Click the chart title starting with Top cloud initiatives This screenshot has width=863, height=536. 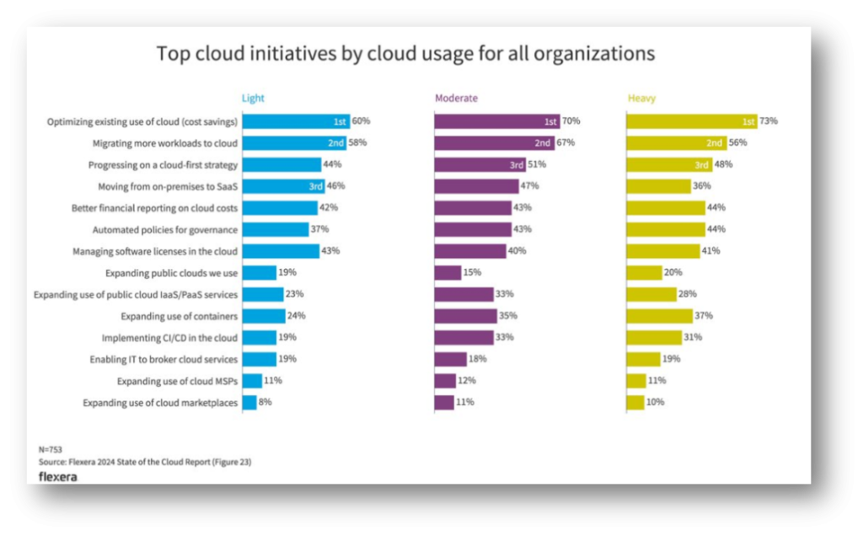pyautogui.click(x=405, y=54)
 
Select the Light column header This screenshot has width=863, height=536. pyautogui.click(x=253, y=99)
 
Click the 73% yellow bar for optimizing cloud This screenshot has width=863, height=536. pyautogui.click(x=691, y=121)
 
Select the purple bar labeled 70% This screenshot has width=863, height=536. pyautogui.click(x=496, y=121)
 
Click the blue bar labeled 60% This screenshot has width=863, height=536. pyautogui.click(x=295, y=121)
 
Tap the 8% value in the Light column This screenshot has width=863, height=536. pyautogui.click(x=265, y=403)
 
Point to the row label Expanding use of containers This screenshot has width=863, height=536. pyautogui.click(x=179, y=316)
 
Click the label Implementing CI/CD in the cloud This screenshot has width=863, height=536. pyautogui.click(x=169, y=338)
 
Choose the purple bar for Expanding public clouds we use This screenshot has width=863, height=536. pyautogui.click(x=448, y=273)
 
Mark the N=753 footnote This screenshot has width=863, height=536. pyautogui.click(x=51, y=450)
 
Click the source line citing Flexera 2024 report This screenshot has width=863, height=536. pyautogui.click(x=145, y=462)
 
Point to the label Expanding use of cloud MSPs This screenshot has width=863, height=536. pyautogui.click(x=177, y=381)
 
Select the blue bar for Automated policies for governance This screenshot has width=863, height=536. pyautogui.click(x=275, y=229)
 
